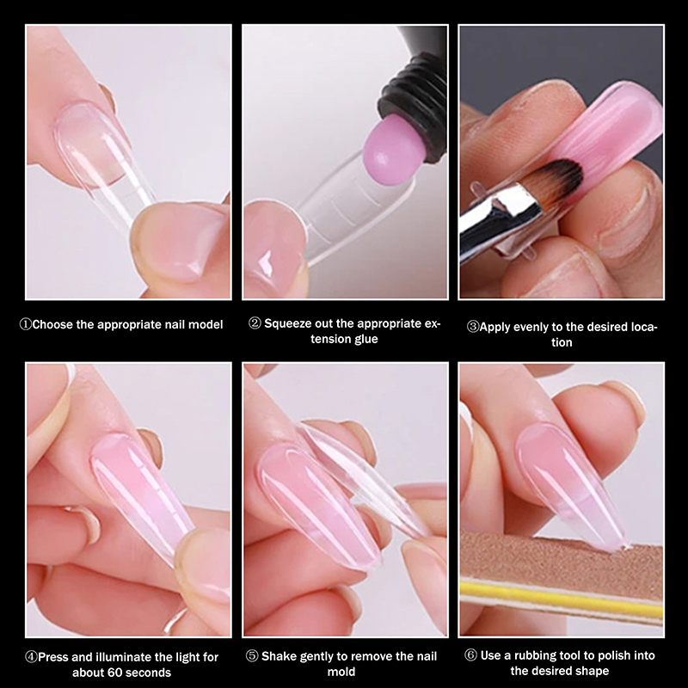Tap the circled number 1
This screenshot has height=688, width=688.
pos(26,325)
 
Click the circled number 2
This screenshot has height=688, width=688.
pos(255,323)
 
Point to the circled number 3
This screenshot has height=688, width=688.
pos(472,327)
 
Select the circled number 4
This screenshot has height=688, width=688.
pos(31,657)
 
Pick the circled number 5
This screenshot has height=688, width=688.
pos(252,656)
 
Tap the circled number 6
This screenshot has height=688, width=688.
pos(470,655)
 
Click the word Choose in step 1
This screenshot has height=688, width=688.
pos(52,325)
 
